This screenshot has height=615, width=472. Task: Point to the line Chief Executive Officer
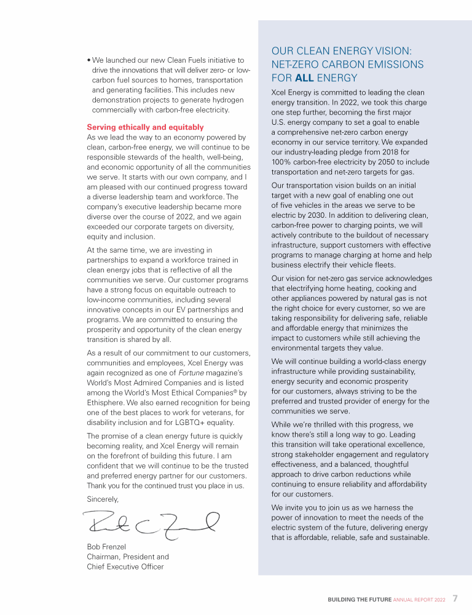coord(125,566)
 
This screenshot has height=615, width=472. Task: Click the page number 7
coord(455,598)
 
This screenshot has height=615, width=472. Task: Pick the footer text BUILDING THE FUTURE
coord(359,599)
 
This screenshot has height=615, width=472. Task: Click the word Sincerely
coord(103,499)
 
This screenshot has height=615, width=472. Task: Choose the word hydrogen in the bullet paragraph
coord(229,100)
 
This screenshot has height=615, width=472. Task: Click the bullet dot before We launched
coord(88,60)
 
